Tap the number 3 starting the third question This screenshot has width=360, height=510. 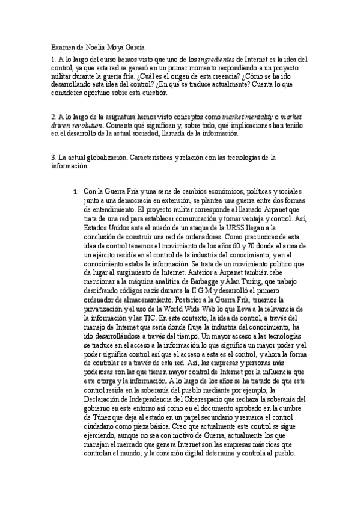coord(53,158)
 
